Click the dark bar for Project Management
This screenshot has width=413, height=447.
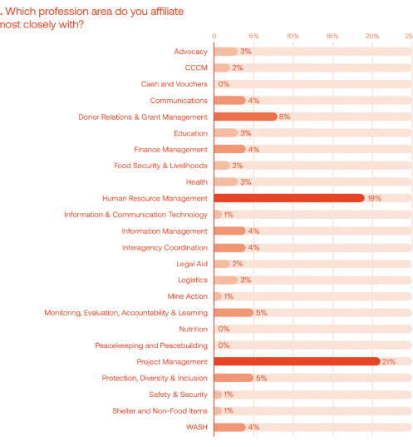click(x=297, y=361)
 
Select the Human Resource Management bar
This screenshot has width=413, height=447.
click(x=289, y=198)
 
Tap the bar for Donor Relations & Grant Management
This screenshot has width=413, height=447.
click(x=246, y=117)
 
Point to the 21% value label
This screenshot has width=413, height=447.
click(x=389, y=362)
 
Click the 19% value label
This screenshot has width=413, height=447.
click(x=374, y=198)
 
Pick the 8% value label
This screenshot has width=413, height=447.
click(x=284, y=117)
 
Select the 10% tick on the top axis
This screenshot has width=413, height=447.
click(x=293, y=36)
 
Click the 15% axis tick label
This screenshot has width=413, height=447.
click(x=332, y=36)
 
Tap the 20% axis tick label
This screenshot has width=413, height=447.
click(x=372, y=36)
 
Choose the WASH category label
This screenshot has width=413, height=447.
click(x=197, y=427)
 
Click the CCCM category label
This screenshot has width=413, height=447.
click(x=196, y=68)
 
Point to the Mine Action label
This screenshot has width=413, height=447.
click(x=187, y=296)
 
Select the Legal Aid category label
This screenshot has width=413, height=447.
click(x=192, y=264)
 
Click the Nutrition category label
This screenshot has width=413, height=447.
click(x=194, y=330)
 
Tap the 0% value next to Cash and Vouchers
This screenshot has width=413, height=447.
click(x=224, y=84)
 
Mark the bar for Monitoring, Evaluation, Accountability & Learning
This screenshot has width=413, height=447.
click(x=234, y=313)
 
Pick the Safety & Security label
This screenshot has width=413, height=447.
click(x=178, y=395)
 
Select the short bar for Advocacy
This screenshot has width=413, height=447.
click(x=226, y=52)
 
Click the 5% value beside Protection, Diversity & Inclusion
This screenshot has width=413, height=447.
click(x=261, y=378)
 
